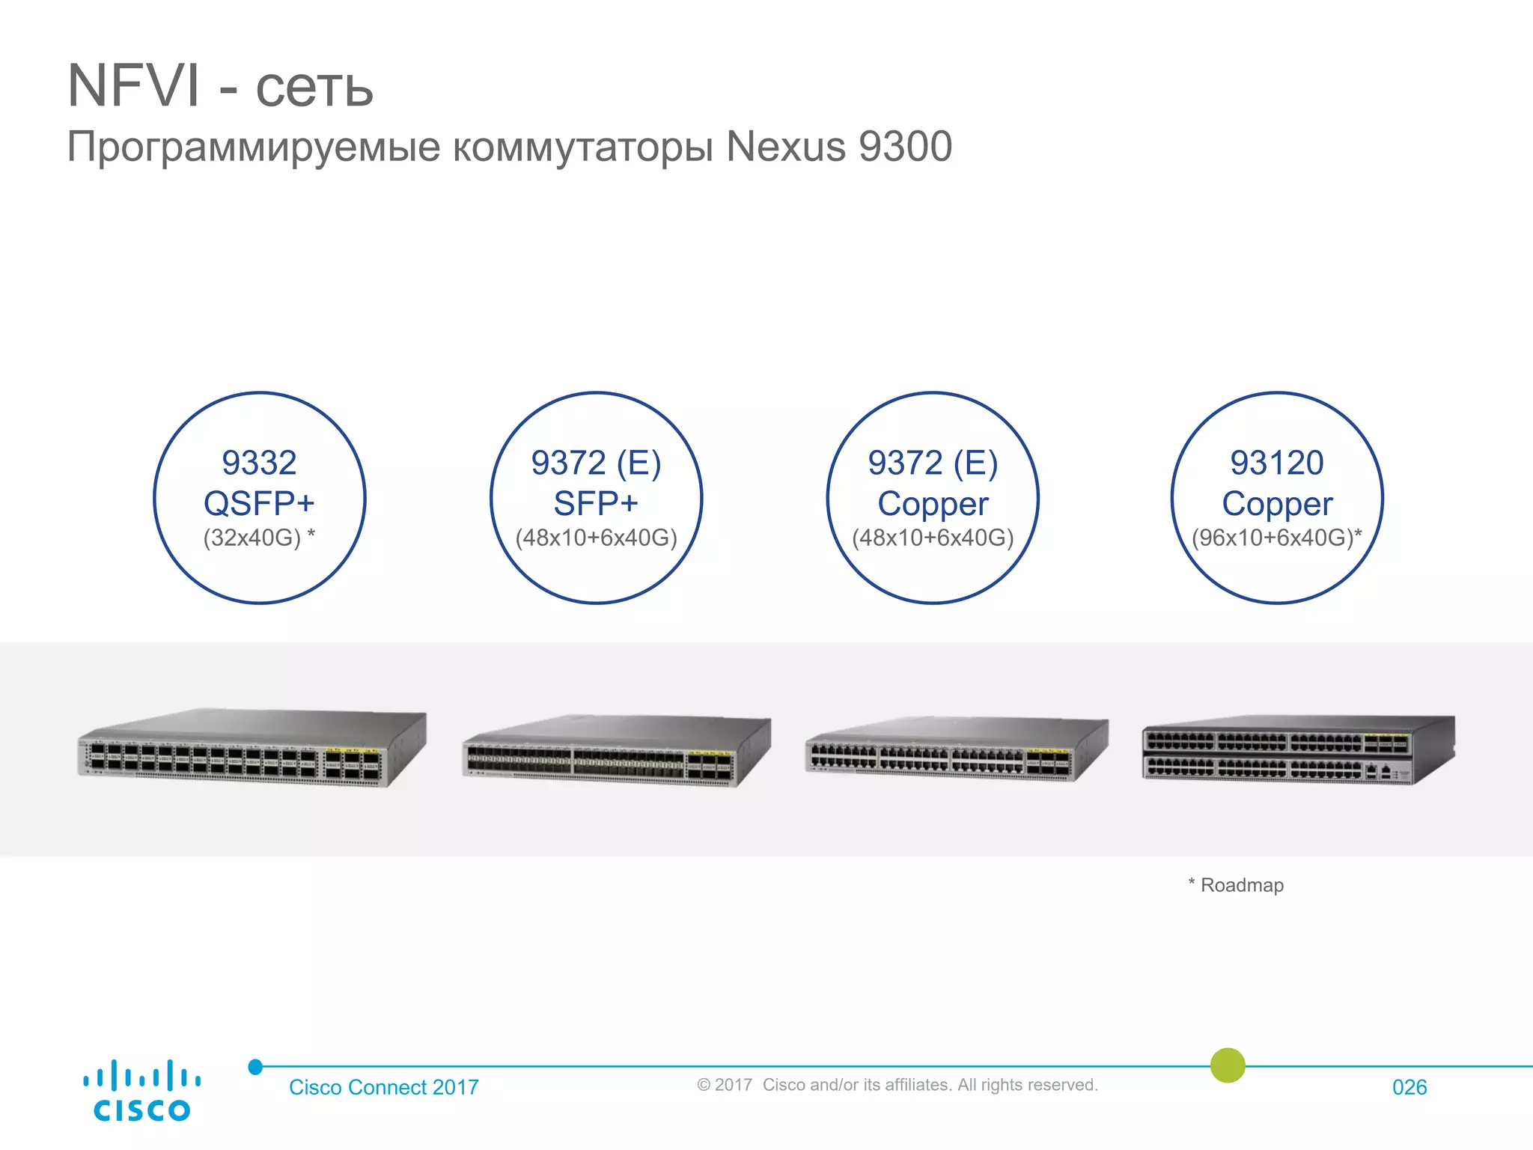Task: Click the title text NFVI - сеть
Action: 220,86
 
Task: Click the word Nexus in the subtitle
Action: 786,146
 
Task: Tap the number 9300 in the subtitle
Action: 905,146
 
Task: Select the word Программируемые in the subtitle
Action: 254,147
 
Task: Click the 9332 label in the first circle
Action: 259,463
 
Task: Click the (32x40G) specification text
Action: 252,538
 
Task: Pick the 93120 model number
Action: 1276,463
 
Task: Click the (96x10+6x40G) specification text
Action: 1273,538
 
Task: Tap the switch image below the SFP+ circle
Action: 616,752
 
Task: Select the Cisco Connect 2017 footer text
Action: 383,1087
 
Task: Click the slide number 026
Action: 1409,1087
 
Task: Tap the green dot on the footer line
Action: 1228,1065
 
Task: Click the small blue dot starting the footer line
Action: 255,1067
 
